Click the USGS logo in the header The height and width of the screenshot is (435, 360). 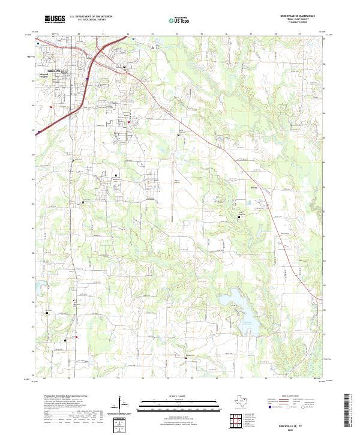point(55,19)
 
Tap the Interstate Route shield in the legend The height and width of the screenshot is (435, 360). point(269,407)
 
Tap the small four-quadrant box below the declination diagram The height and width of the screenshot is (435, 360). point(121,425)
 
